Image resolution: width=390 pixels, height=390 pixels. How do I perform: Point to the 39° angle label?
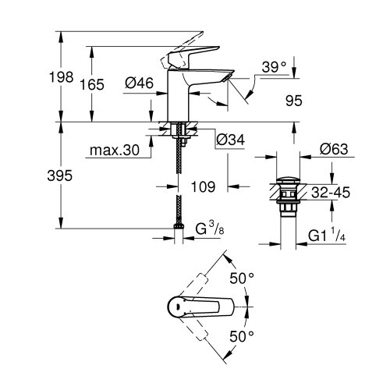click(x=274, y=67)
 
